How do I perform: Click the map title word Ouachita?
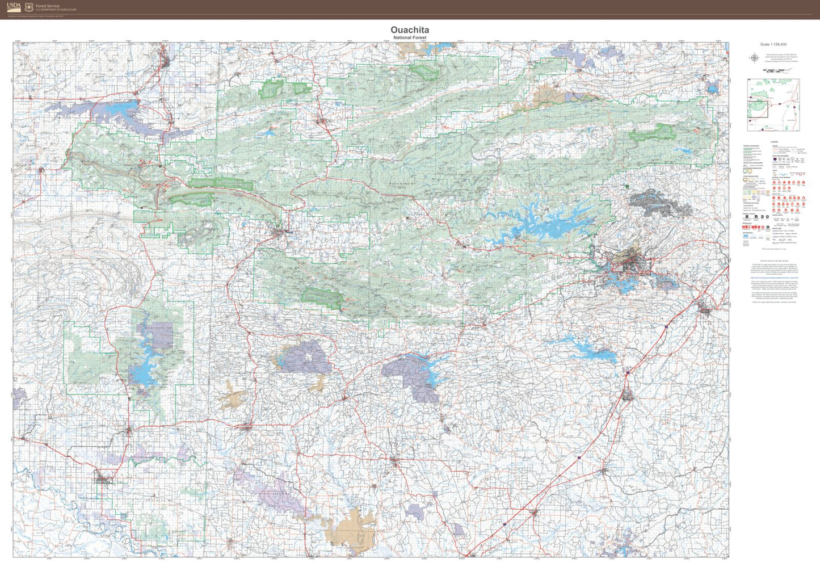tap(409, 30)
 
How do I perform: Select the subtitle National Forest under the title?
tap(409, 37)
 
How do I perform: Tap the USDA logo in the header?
tap(14, 7)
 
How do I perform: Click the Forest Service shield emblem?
tap(29, 7)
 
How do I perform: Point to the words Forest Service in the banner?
tap(47, 6)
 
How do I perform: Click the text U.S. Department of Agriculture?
tap(56, 10)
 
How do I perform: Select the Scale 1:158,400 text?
tap(773, 44)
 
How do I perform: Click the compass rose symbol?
tap(754, 58)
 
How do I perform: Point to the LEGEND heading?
tap(773, 142)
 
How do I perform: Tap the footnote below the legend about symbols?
tap(773, 249)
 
